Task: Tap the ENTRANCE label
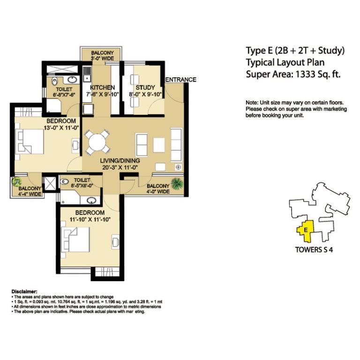pos(180,80)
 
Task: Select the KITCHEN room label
pos(102,88)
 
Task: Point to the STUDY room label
pos(145,88)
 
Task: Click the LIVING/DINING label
pos(120,161)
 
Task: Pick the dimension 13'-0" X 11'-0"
pos(61,127)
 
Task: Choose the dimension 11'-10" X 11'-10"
pos(90,219)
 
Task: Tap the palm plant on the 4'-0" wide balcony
pos(177,184)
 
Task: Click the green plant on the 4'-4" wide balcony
pos(16,182)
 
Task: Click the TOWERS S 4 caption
pos(314,249)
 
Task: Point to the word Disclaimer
pos(24,292)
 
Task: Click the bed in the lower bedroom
pos(75,240)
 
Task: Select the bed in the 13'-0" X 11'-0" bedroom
pos(30,142)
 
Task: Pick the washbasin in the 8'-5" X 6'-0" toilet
pos(91,200)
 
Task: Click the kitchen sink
pos(87,74)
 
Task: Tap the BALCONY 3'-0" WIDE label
pos(102,56)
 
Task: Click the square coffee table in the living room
pos(159,145)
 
